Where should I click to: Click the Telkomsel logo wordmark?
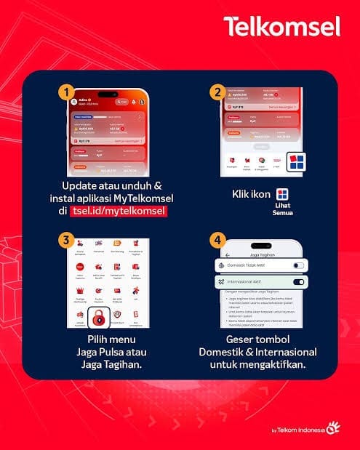pyautogui.click(x=281, y=27)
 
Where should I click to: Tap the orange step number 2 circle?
pyautogui.click(x=216, y=92)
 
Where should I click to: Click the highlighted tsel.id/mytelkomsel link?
pyautogui.click(x=119, y=211)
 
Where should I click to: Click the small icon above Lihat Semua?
pyautogui.click(x=282, y=193)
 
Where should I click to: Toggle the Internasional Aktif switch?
pyautogui.click(x=298, y=282)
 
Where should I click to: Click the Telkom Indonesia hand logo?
pyautogui.click(x=332, y=428)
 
